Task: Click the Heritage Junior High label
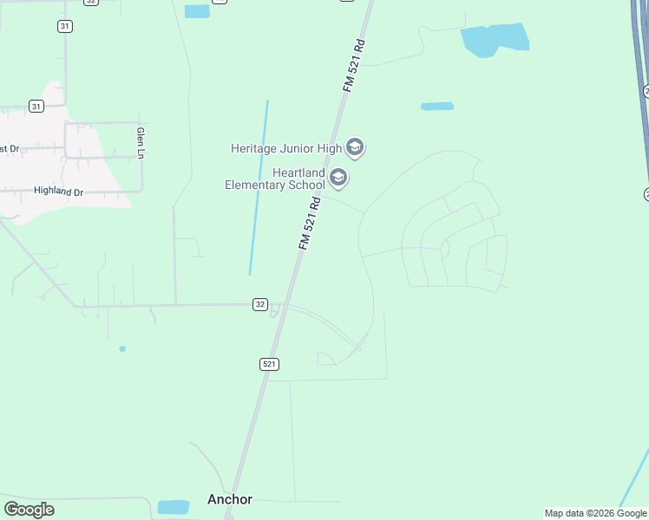click(x=286, y=148)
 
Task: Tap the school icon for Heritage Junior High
click(x=354, y=147)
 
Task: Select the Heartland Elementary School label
click(x=274, y=179)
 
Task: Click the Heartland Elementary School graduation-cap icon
click(x=338, y=179)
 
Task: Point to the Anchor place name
click(x=230, y=499)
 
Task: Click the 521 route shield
click(x=269, y=364)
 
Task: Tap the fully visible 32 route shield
click(x=260, y=304)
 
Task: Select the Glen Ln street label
click(x=140, y=143)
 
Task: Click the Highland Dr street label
click(x=57, y=191)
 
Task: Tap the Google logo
click(x=29, y=509)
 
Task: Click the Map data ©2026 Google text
click(x=595, y=513)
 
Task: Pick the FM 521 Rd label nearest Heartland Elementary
click(x=310, y=224)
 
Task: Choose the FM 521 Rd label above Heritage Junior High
click(x=353, y=65)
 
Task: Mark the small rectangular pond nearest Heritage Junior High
click(x=437, y=107)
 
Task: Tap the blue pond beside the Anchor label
click(x=174, y=507)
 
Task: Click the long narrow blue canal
click(x=259, y=186)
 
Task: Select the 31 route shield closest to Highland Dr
click(x=36, y=106)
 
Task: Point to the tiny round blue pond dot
click(x=122, y=348)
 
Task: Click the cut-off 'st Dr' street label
click(x=9, y=148)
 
